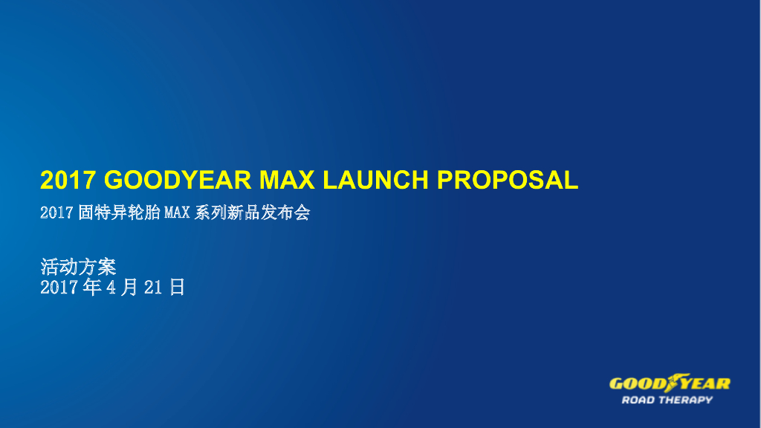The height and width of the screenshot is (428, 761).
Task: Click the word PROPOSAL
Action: tap(507, 180)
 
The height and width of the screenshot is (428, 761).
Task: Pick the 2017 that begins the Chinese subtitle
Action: tap(56, 213)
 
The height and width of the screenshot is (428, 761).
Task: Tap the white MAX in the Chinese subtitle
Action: tap(177, 213)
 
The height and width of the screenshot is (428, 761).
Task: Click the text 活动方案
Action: tap(78, 266)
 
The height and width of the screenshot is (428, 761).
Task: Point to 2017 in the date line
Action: tap(59, 288)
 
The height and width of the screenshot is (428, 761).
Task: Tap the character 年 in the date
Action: tap(92, 288)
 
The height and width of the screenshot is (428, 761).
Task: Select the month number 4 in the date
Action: tap(111, 288)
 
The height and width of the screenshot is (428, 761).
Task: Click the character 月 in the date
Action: tap(129, 288)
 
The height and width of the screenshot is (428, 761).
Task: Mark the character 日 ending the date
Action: tap(177, 288)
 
